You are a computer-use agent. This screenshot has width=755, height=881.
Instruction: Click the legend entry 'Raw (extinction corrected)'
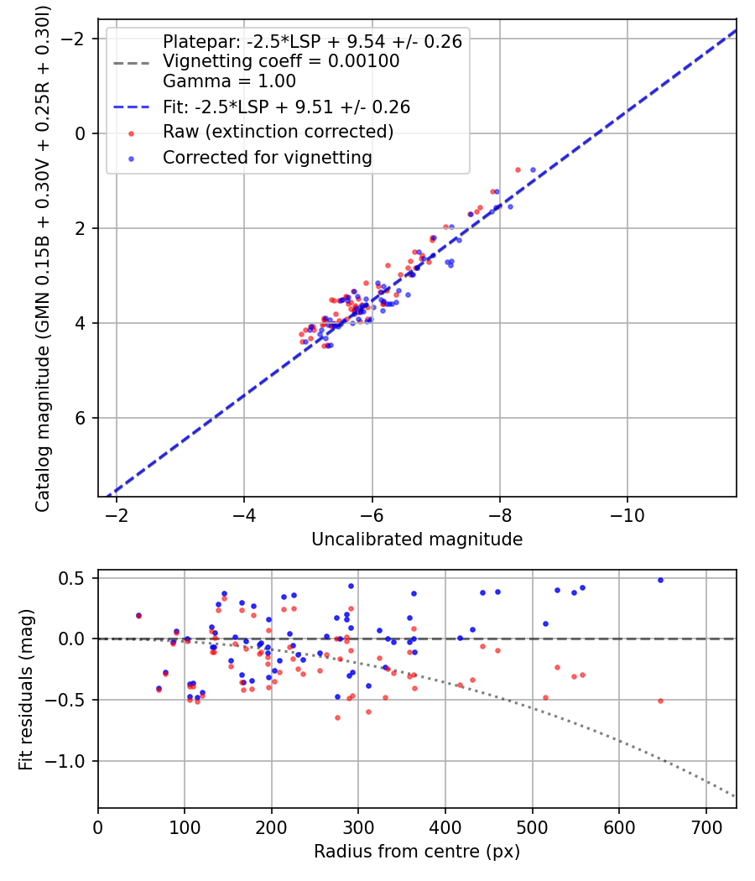pos(278,132)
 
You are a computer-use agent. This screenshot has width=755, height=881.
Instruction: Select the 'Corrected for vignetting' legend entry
pos(267,157)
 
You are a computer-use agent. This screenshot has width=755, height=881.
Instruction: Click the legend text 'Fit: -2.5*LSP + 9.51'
pos(286,107)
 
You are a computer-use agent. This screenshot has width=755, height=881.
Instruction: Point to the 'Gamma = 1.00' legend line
pos(229,82)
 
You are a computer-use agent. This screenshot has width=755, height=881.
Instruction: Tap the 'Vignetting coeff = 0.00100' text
pos(281,61)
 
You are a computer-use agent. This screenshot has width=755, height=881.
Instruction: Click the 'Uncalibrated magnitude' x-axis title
pos(417,540)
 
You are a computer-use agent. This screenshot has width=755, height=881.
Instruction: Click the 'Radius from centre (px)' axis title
pos(417,852)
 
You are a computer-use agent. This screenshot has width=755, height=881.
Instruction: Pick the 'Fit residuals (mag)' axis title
pos(25,689)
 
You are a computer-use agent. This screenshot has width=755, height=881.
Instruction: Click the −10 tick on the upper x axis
pos(627,515)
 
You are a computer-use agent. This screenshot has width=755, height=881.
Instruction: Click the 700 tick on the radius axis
pos(706,826)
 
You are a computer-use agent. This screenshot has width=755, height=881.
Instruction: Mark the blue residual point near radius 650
pos(660,580)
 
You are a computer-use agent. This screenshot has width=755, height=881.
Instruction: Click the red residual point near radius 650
pos(660,701)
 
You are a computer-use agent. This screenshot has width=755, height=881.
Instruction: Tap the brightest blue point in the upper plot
pos(533,169)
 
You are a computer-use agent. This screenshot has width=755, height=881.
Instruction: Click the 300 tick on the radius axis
pos(358,826)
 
